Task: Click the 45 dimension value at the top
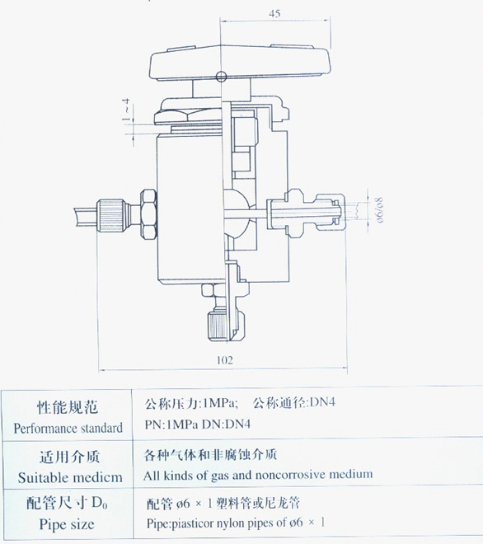[x=274, y=13]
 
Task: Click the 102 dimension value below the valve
[x=224, y=360]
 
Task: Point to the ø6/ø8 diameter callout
[x=380, y=210]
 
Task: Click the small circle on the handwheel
[x=221, y=77]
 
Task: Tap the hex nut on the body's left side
[x=148, y=215]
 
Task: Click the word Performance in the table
[x=40, y=429]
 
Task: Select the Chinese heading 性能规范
[x=68, y=406]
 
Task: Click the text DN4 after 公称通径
[x=322, y=402]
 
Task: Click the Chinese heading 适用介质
[x=70, y=457]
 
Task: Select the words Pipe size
[x=67, y=524]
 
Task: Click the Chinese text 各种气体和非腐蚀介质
[x=210, y=454]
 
